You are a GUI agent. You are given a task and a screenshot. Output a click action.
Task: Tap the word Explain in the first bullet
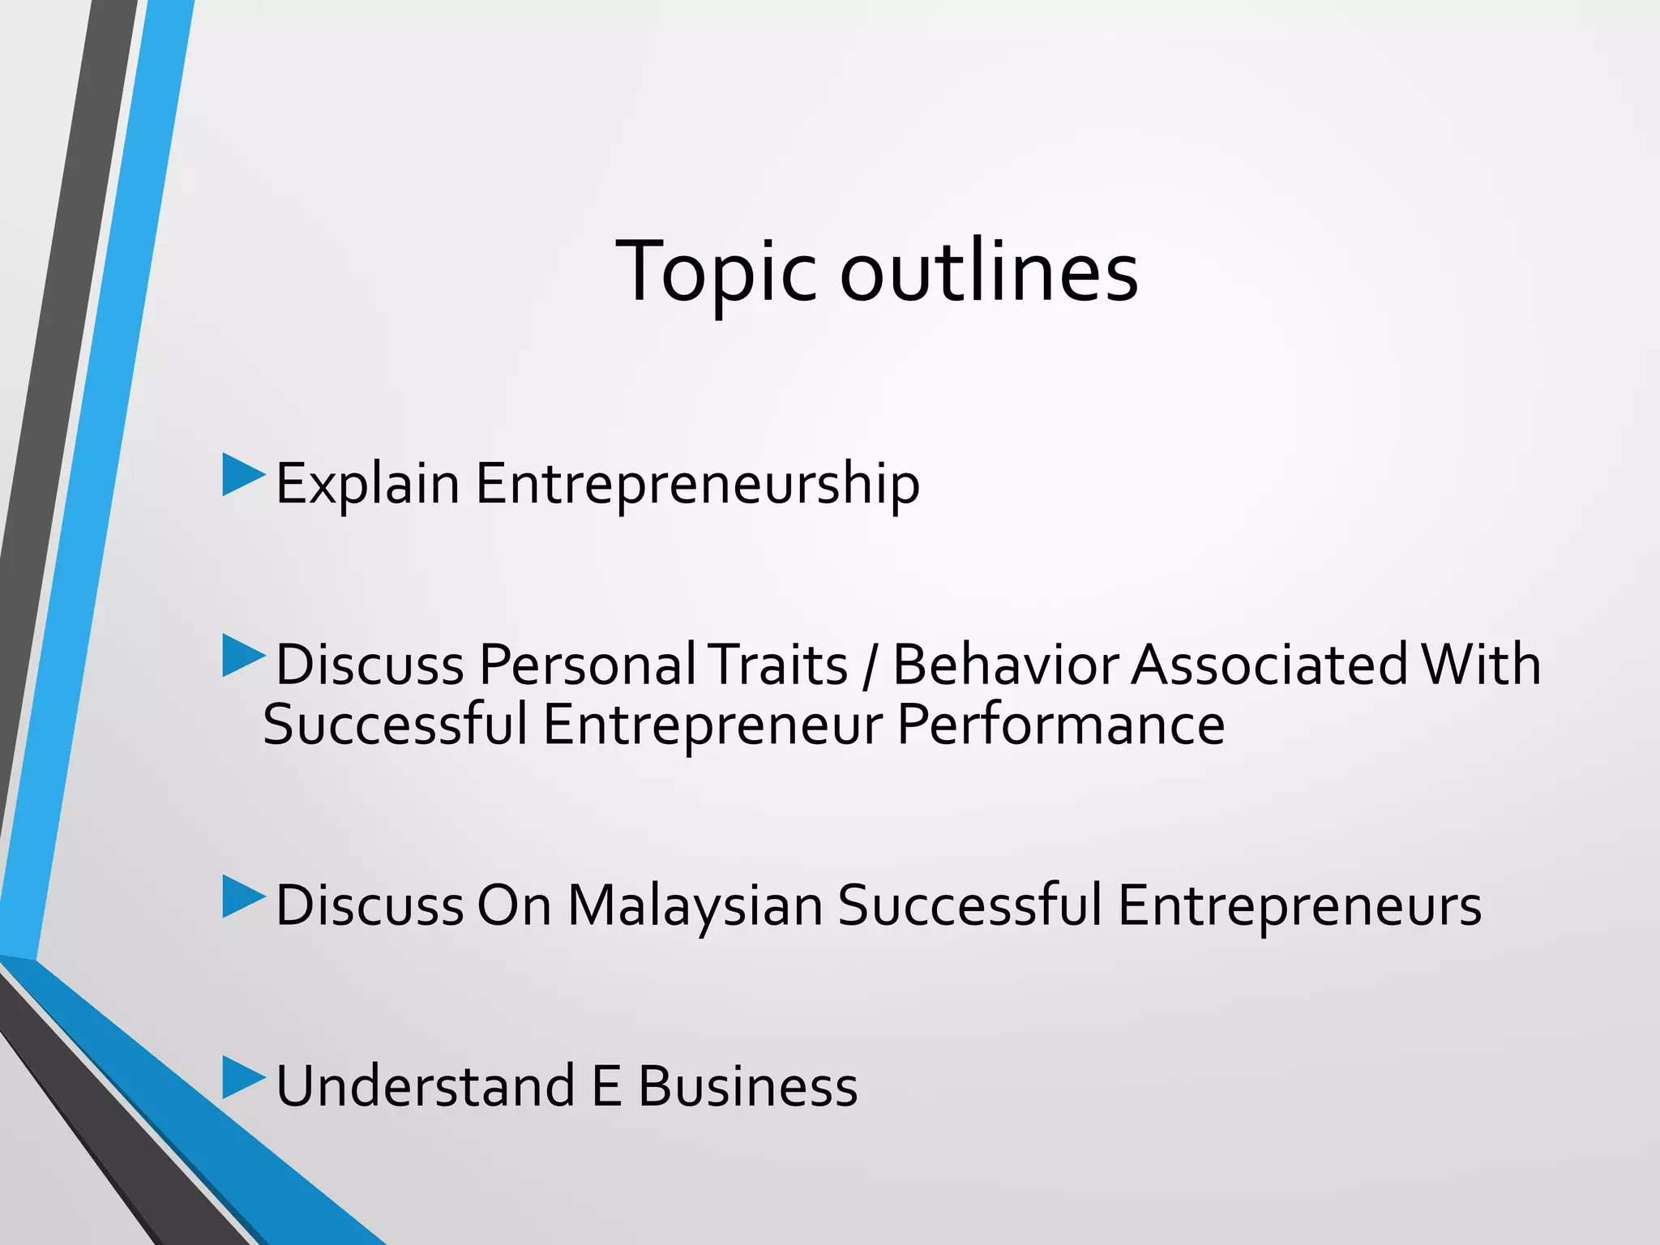(367, 484)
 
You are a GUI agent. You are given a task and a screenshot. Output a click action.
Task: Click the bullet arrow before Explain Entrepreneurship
(242, 475)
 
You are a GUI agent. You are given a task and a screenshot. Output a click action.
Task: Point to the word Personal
(587, 665)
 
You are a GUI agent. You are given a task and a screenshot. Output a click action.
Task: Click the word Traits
(778, 665)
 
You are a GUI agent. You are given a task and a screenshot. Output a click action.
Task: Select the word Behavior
(1004, 665)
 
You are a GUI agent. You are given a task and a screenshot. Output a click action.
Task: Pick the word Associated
(1269, 665)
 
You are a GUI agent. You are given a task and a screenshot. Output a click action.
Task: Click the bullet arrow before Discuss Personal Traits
(242, 656)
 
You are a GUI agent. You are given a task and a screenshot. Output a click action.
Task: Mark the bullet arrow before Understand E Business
(242, 1077)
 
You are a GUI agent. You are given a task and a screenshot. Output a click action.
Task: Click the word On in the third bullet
(514, 905)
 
